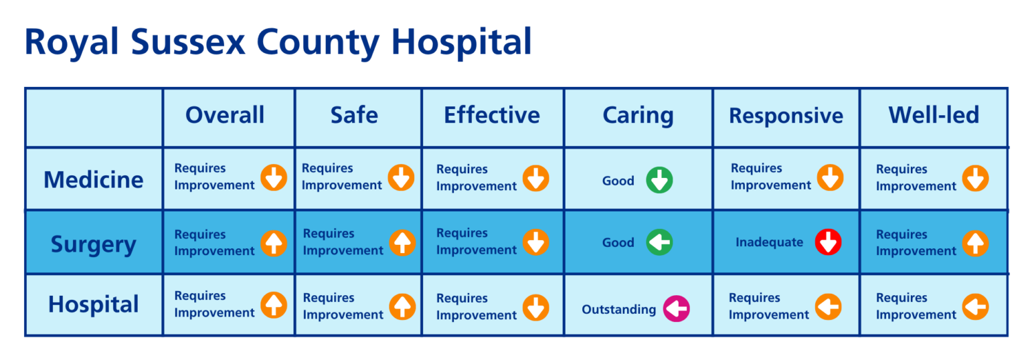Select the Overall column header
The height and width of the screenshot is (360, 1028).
[225, 115]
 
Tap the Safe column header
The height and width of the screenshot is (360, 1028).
[354, 115]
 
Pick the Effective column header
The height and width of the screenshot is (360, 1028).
[492, 115]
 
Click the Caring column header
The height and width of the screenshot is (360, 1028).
[638, 115]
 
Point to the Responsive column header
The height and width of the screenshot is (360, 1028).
[786, 116]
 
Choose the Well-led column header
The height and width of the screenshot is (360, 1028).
[934, 115]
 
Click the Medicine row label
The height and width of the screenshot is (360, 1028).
[94, 179]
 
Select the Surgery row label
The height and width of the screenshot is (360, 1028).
[94, 244]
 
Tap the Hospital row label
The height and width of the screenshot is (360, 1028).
[94, 305]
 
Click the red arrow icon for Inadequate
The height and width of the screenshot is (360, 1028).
[828, 242]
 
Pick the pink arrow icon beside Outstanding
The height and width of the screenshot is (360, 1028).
[676, 309]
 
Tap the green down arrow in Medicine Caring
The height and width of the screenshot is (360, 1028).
[659, 181]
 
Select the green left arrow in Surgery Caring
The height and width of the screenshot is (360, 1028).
[659, 242]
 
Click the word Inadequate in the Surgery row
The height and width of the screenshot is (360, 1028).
[769, 242]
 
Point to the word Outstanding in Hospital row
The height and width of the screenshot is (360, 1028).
[618, 309]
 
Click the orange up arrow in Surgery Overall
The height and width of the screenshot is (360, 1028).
[274, 243]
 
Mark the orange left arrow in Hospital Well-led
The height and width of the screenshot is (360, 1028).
[975, 306]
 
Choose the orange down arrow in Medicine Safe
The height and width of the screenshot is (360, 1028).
[401, 177]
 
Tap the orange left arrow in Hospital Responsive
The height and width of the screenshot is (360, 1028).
[828, 306]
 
